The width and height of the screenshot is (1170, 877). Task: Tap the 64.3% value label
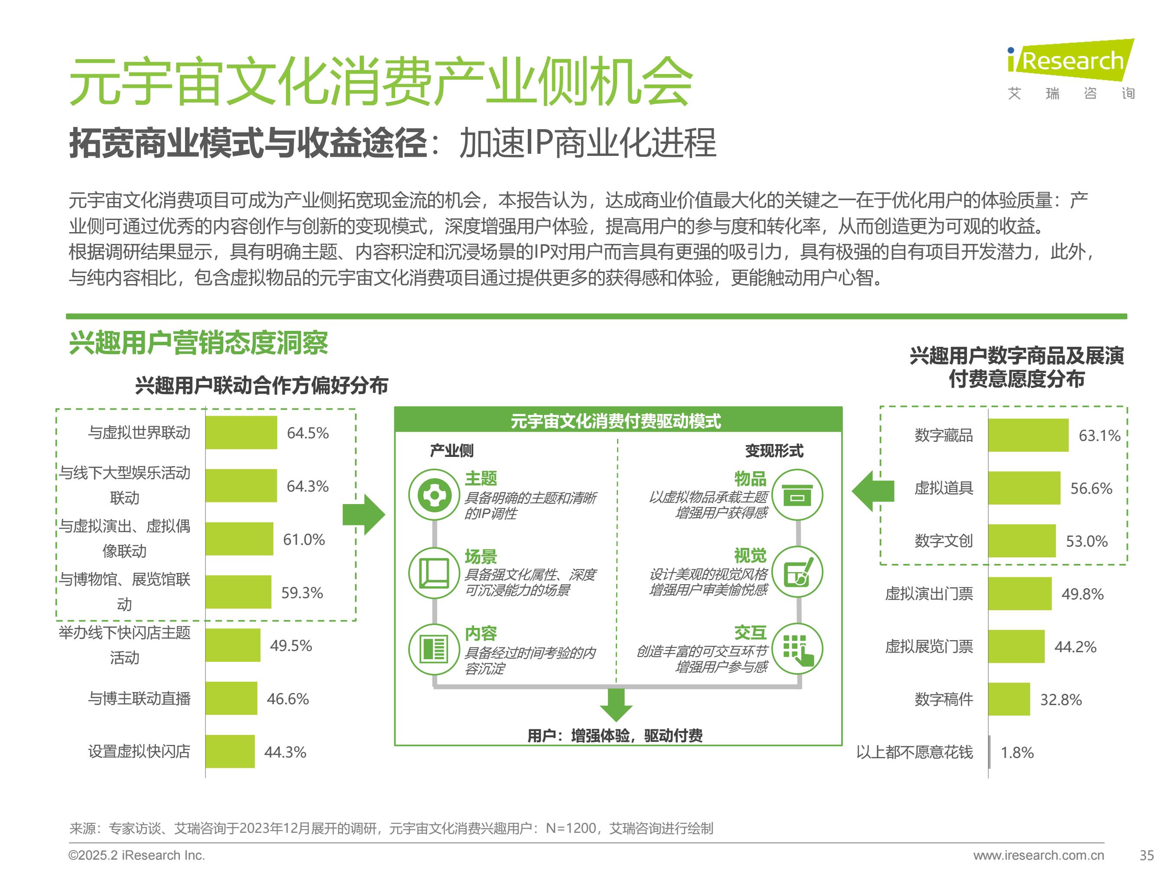coord(307,486)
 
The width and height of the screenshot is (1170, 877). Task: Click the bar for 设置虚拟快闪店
coord(230,751)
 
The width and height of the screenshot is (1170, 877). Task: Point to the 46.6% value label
coord(287,698)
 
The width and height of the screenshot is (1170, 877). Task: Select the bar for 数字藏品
coord(1028,435)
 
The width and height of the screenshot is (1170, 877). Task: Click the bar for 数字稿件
coord(1009,699)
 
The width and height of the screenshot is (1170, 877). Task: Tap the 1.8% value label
coord(1017,752)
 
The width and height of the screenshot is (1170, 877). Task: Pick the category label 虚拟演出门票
coord(929,594)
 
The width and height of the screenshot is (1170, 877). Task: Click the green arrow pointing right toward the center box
coord(364,515)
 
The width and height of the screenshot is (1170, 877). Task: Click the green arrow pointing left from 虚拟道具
coord(873,491)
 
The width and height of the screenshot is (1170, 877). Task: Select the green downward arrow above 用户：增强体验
coord(616,704)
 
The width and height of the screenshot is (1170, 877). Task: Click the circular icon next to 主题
coord(434,495)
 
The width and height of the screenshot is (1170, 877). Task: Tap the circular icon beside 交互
coord(798,649)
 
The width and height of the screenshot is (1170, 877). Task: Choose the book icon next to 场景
coord(434,573)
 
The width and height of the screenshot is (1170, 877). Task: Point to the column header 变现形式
coord(774,450)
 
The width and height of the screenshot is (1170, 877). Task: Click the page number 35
coord(1146,855)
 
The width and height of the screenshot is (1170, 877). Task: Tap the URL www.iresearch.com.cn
coord(1038,855)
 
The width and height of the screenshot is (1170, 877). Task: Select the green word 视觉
coord(750,556)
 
